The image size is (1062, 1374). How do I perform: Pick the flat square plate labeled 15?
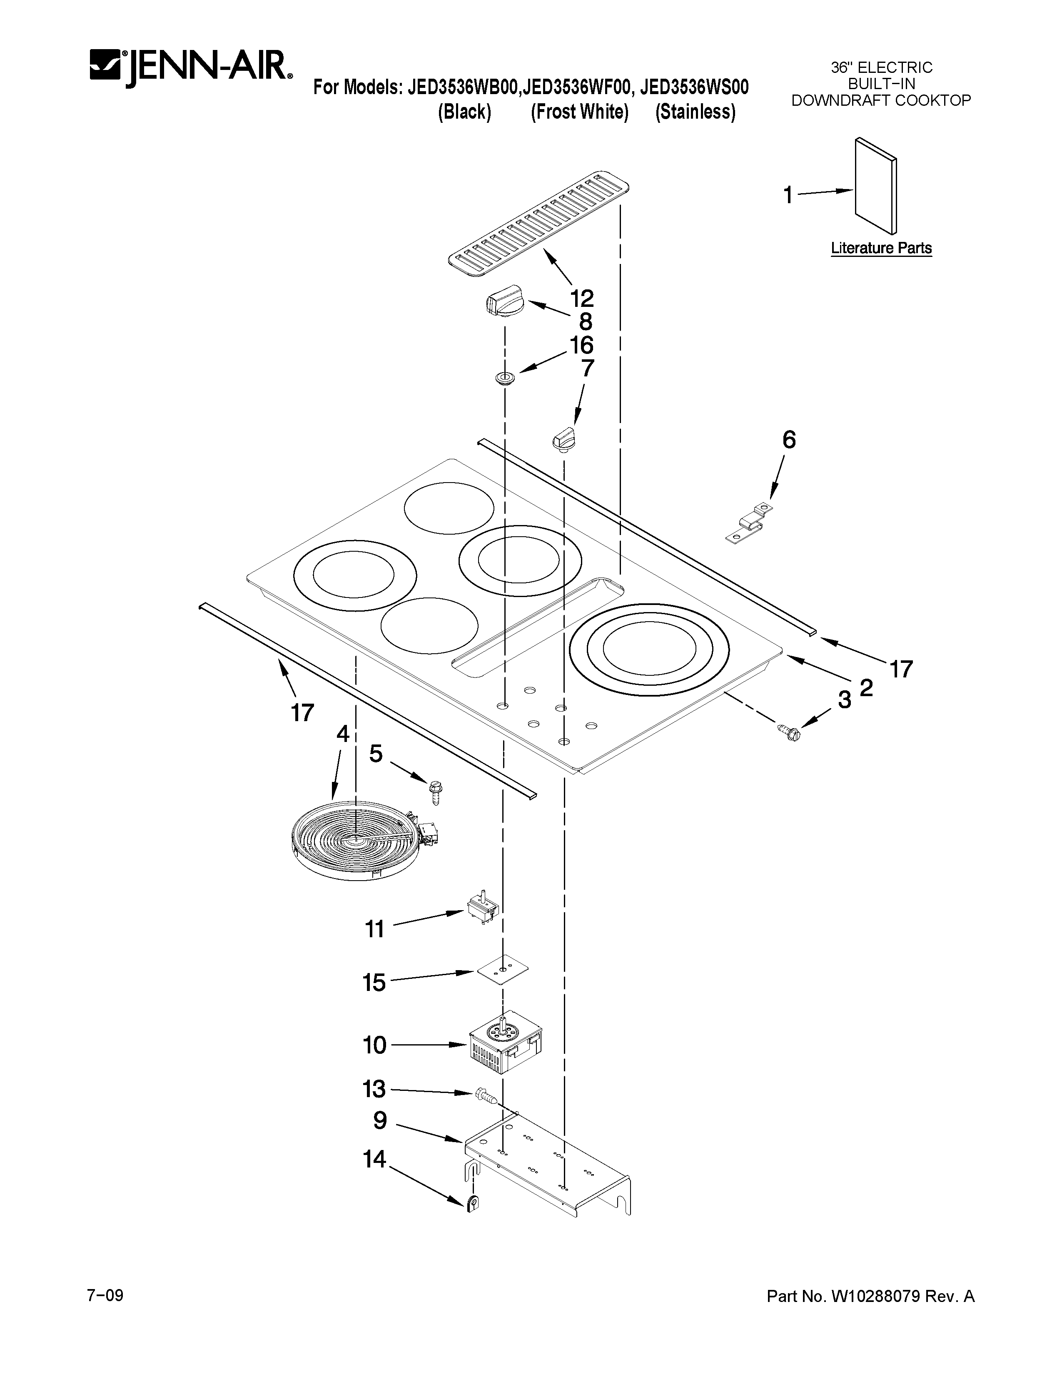501,971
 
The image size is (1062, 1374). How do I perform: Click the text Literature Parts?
881,248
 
